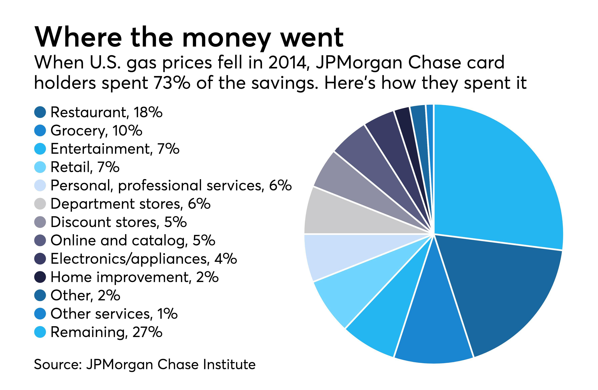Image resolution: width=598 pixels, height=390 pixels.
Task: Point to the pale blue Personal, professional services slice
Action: (344, 254)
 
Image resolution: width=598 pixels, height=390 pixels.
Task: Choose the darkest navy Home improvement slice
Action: (412, 141)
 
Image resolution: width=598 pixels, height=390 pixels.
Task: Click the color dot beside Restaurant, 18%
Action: (40, 112)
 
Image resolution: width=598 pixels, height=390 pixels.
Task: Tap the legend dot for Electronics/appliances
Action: (40, 259)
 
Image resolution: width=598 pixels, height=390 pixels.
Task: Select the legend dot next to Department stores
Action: (40, 204)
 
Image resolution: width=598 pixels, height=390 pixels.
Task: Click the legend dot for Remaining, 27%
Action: (40, 332)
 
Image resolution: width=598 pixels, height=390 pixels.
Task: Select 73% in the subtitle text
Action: (172, 83)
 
